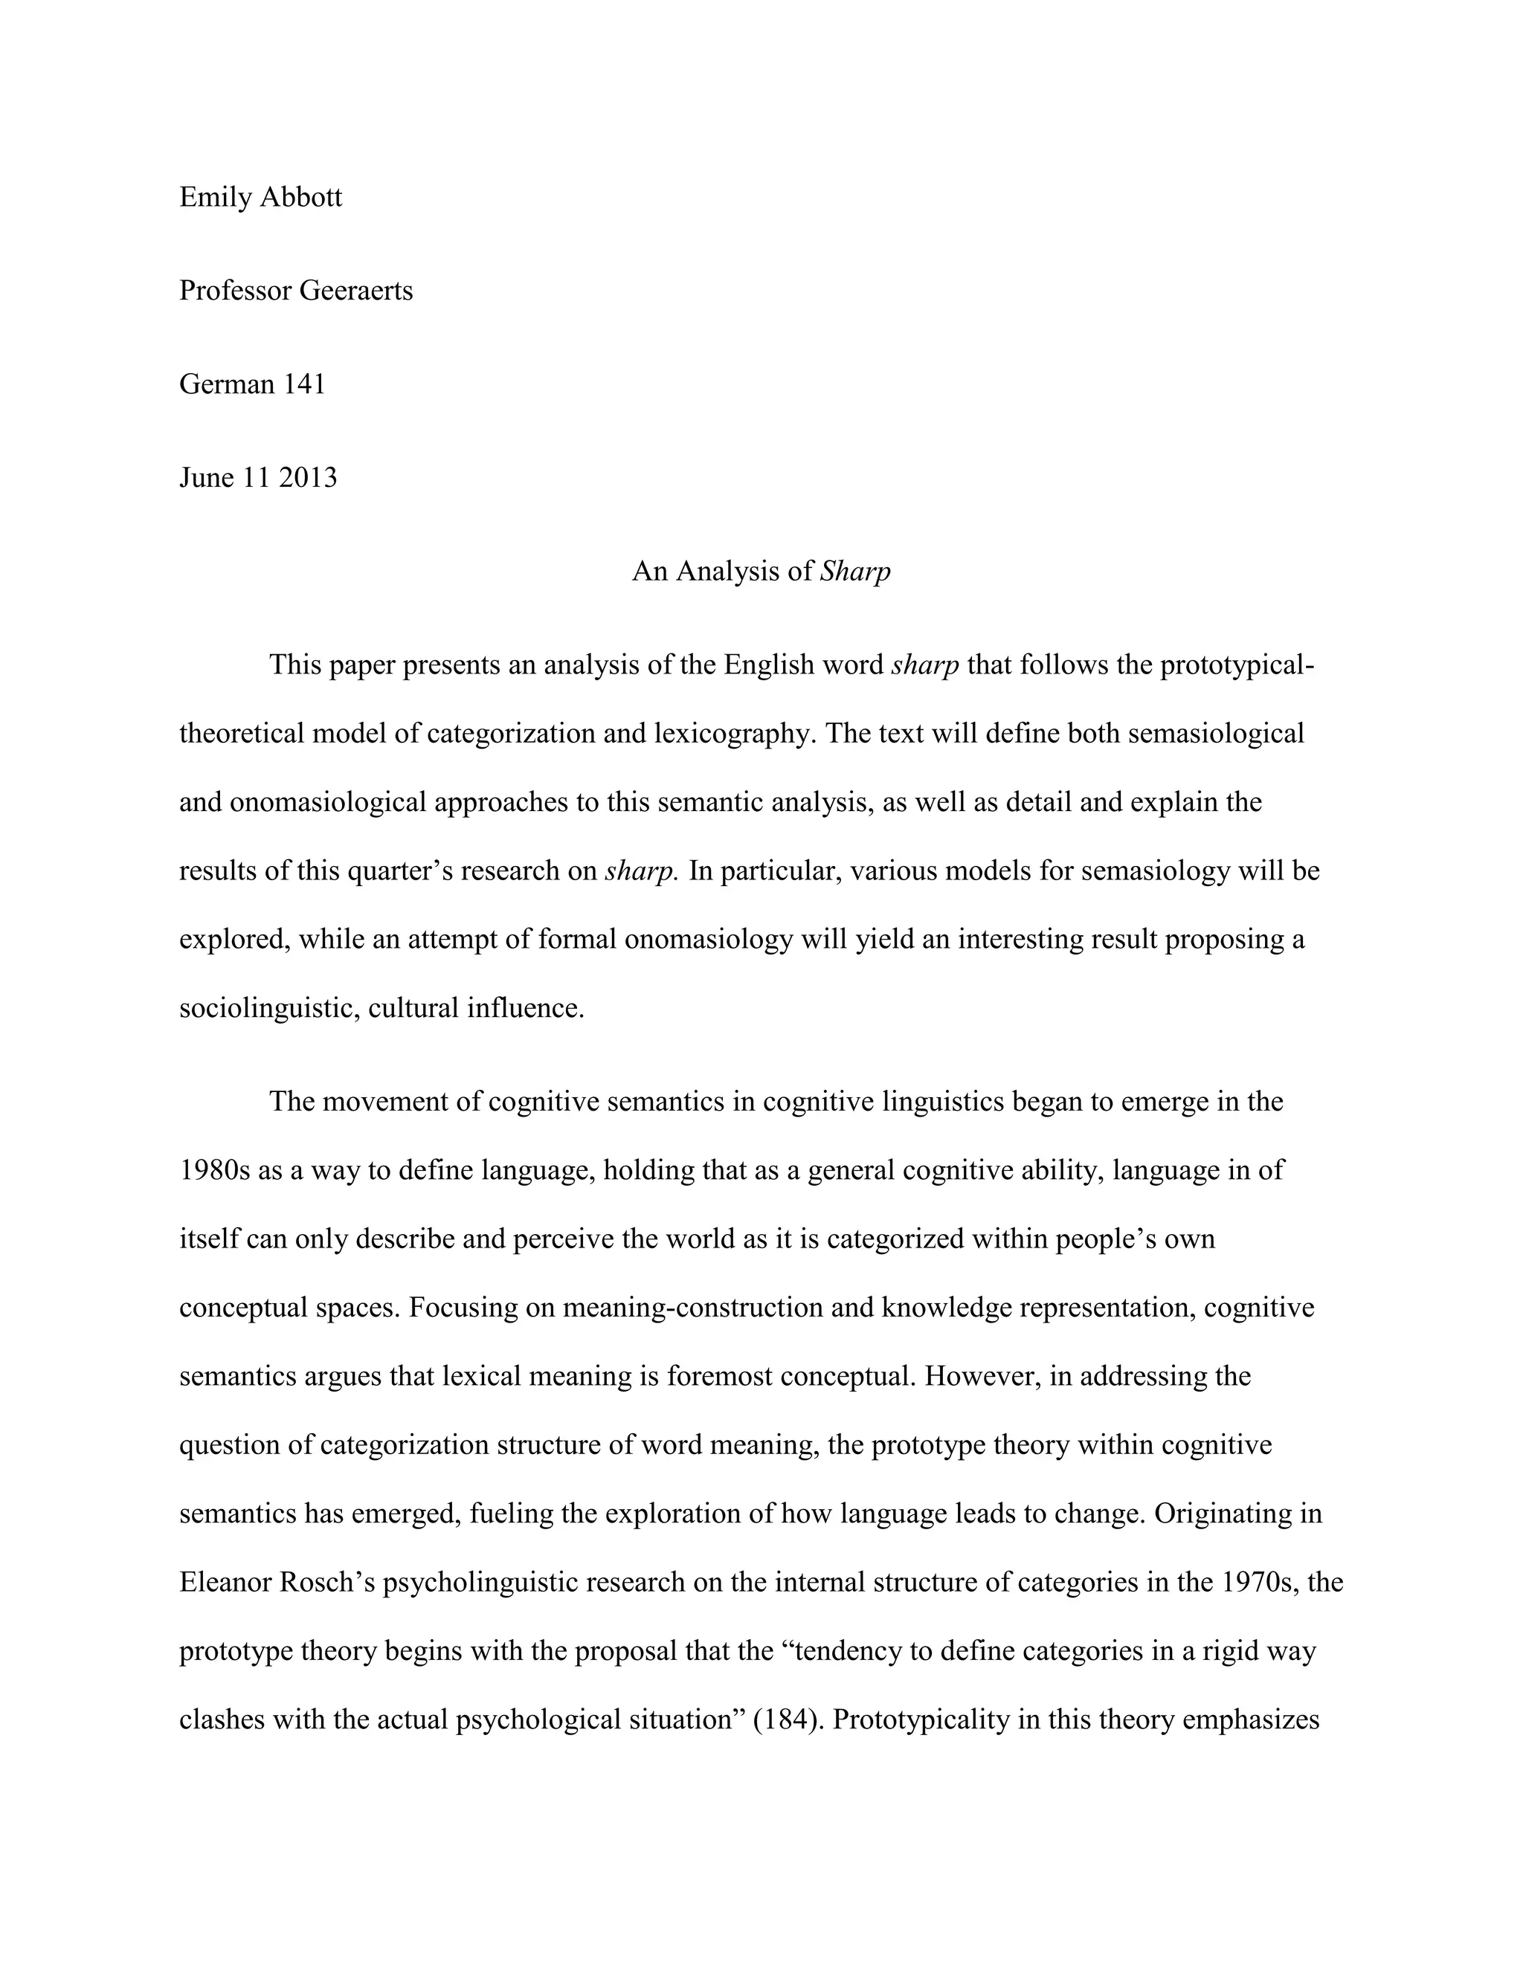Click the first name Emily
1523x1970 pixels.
tap(215, 197)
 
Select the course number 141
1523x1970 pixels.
tap(304, 384)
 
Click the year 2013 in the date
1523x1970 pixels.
tap(308, 477)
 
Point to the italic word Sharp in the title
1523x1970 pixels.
tap(854, 572)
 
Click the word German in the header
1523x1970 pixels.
tap(227, 384)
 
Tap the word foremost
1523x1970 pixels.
tap(724, 1377)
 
